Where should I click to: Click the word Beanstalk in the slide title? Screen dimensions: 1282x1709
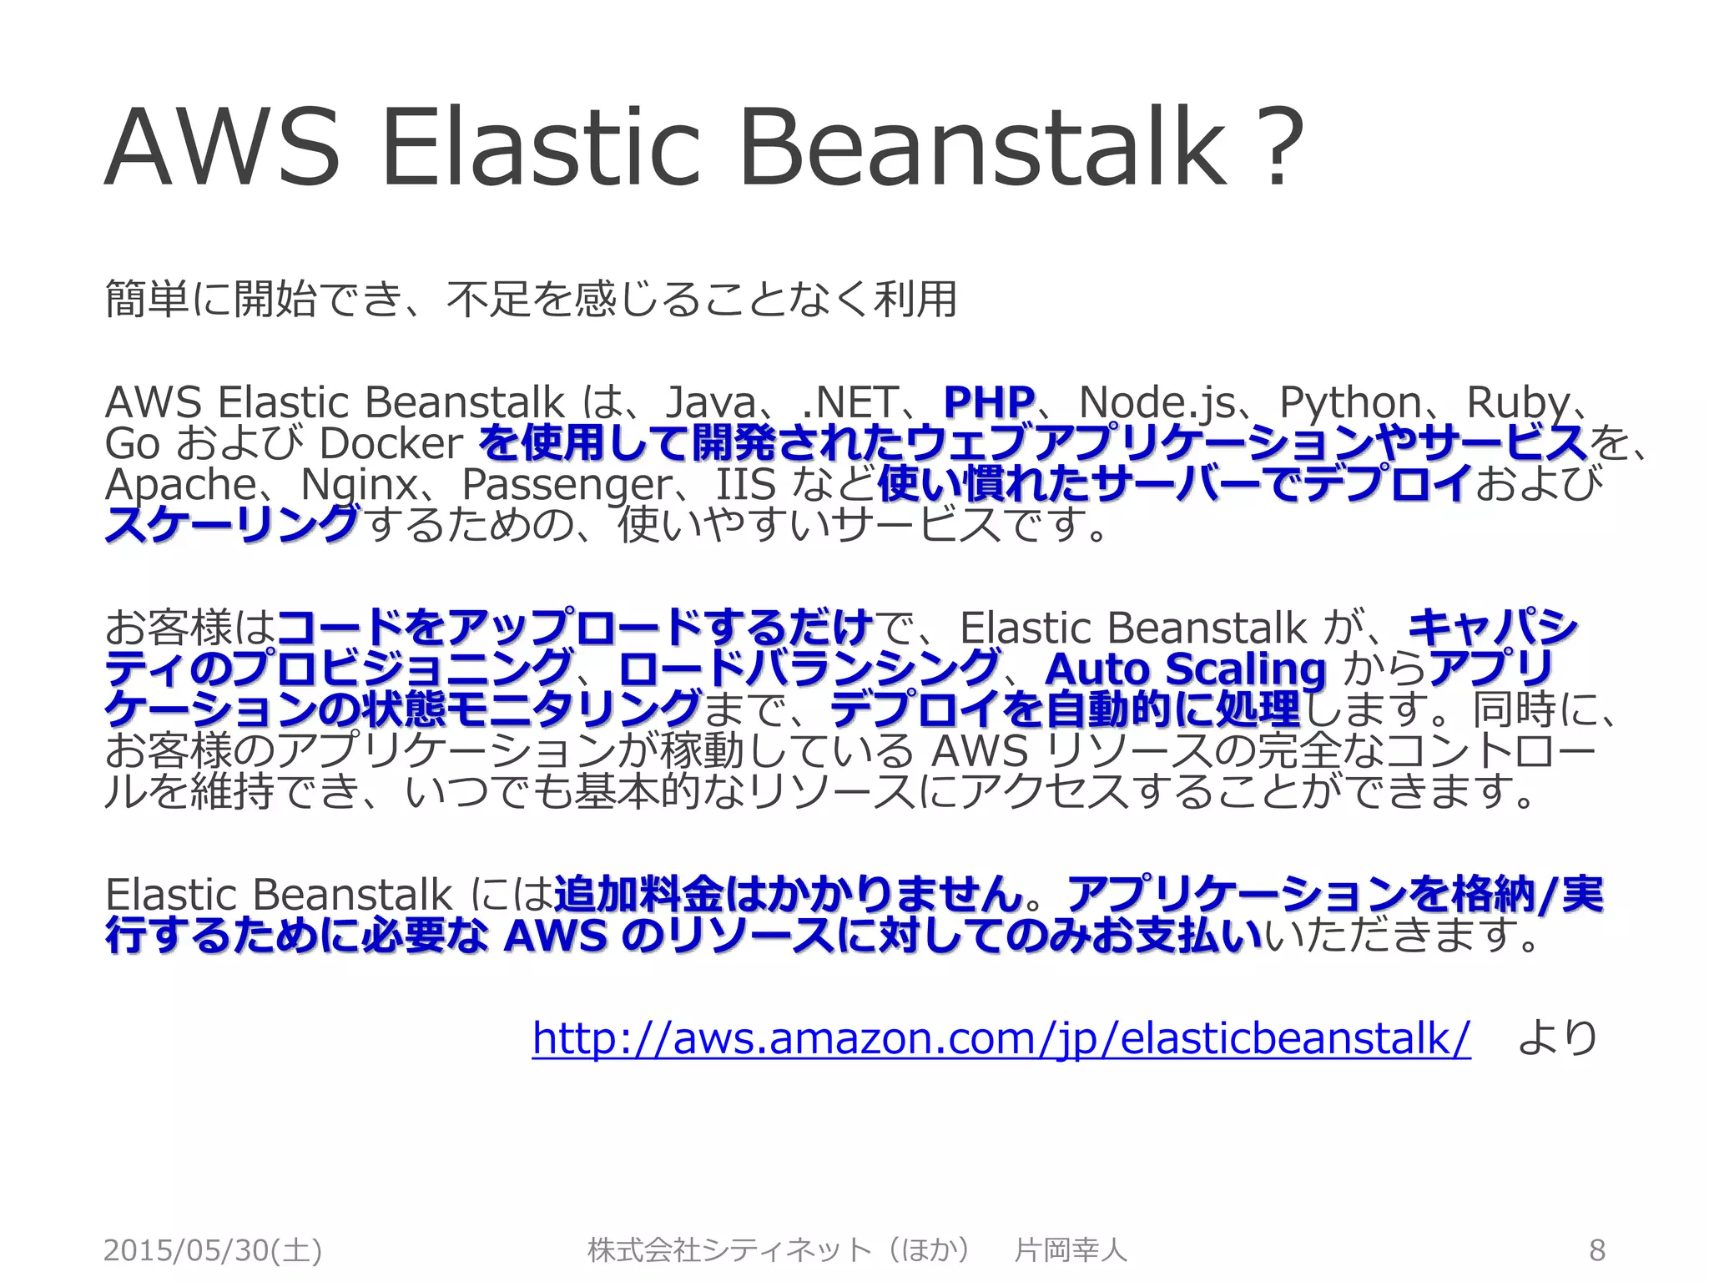pos(983,147)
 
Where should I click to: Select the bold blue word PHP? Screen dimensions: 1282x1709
pos(989,402)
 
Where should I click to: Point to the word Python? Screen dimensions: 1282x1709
pos(1350,402)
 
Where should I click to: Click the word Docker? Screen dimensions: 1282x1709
pos(391,443)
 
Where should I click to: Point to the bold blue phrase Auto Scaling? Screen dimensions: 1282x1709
pos(1185,669)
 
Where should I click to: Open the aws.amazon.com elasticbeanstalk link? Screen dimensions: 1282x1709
pos(1001,1038)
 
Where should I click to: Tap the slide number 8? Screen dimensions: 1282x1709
pos(1596,1249)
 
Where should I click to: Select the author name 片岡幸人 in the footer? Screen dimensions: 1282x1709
pos(1071,1250)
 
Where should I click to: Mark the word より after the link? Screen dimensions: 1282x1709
pos(1556,1038)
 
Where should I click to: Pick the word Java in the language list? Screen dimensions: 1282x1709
pos(710,402)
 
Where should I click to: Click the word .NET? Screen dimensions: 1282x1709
pos(849,402)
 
